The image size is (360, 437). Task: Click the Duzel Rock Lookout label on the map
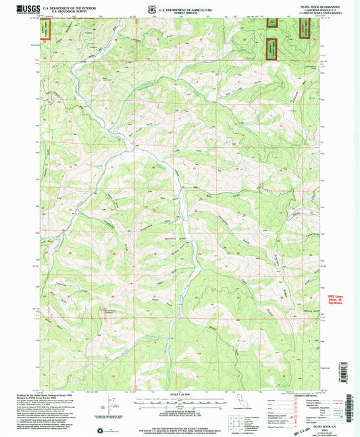(x=107, y=313)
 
